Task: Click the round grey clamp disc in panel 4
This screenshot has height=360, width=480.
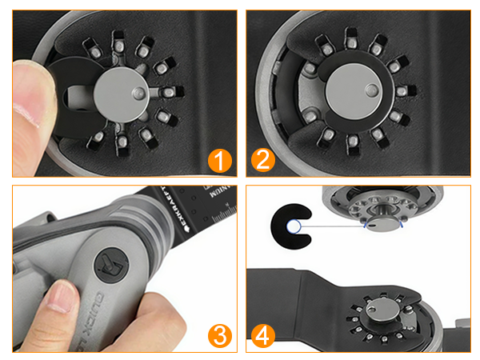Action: click(382, 314)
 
